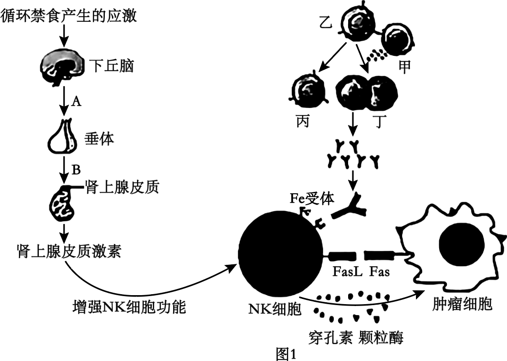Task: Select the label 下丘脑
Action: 111,65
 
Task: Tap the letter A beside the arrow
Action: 75,101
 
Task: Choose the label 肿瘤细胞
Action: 462,303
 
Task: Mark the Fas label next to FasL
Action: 379,273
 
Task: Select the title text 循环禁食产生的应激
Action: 69,16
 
